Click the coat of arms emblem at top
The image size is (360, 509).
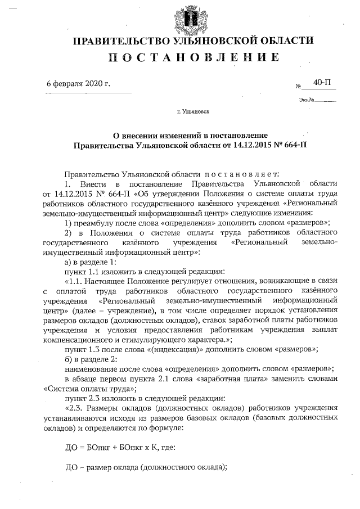tap(192, 17)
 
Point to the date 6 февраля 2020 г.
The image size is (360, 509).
tap(78, 84)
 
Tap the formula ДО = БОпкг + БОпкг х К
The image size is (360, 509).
tap(112, 448)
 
